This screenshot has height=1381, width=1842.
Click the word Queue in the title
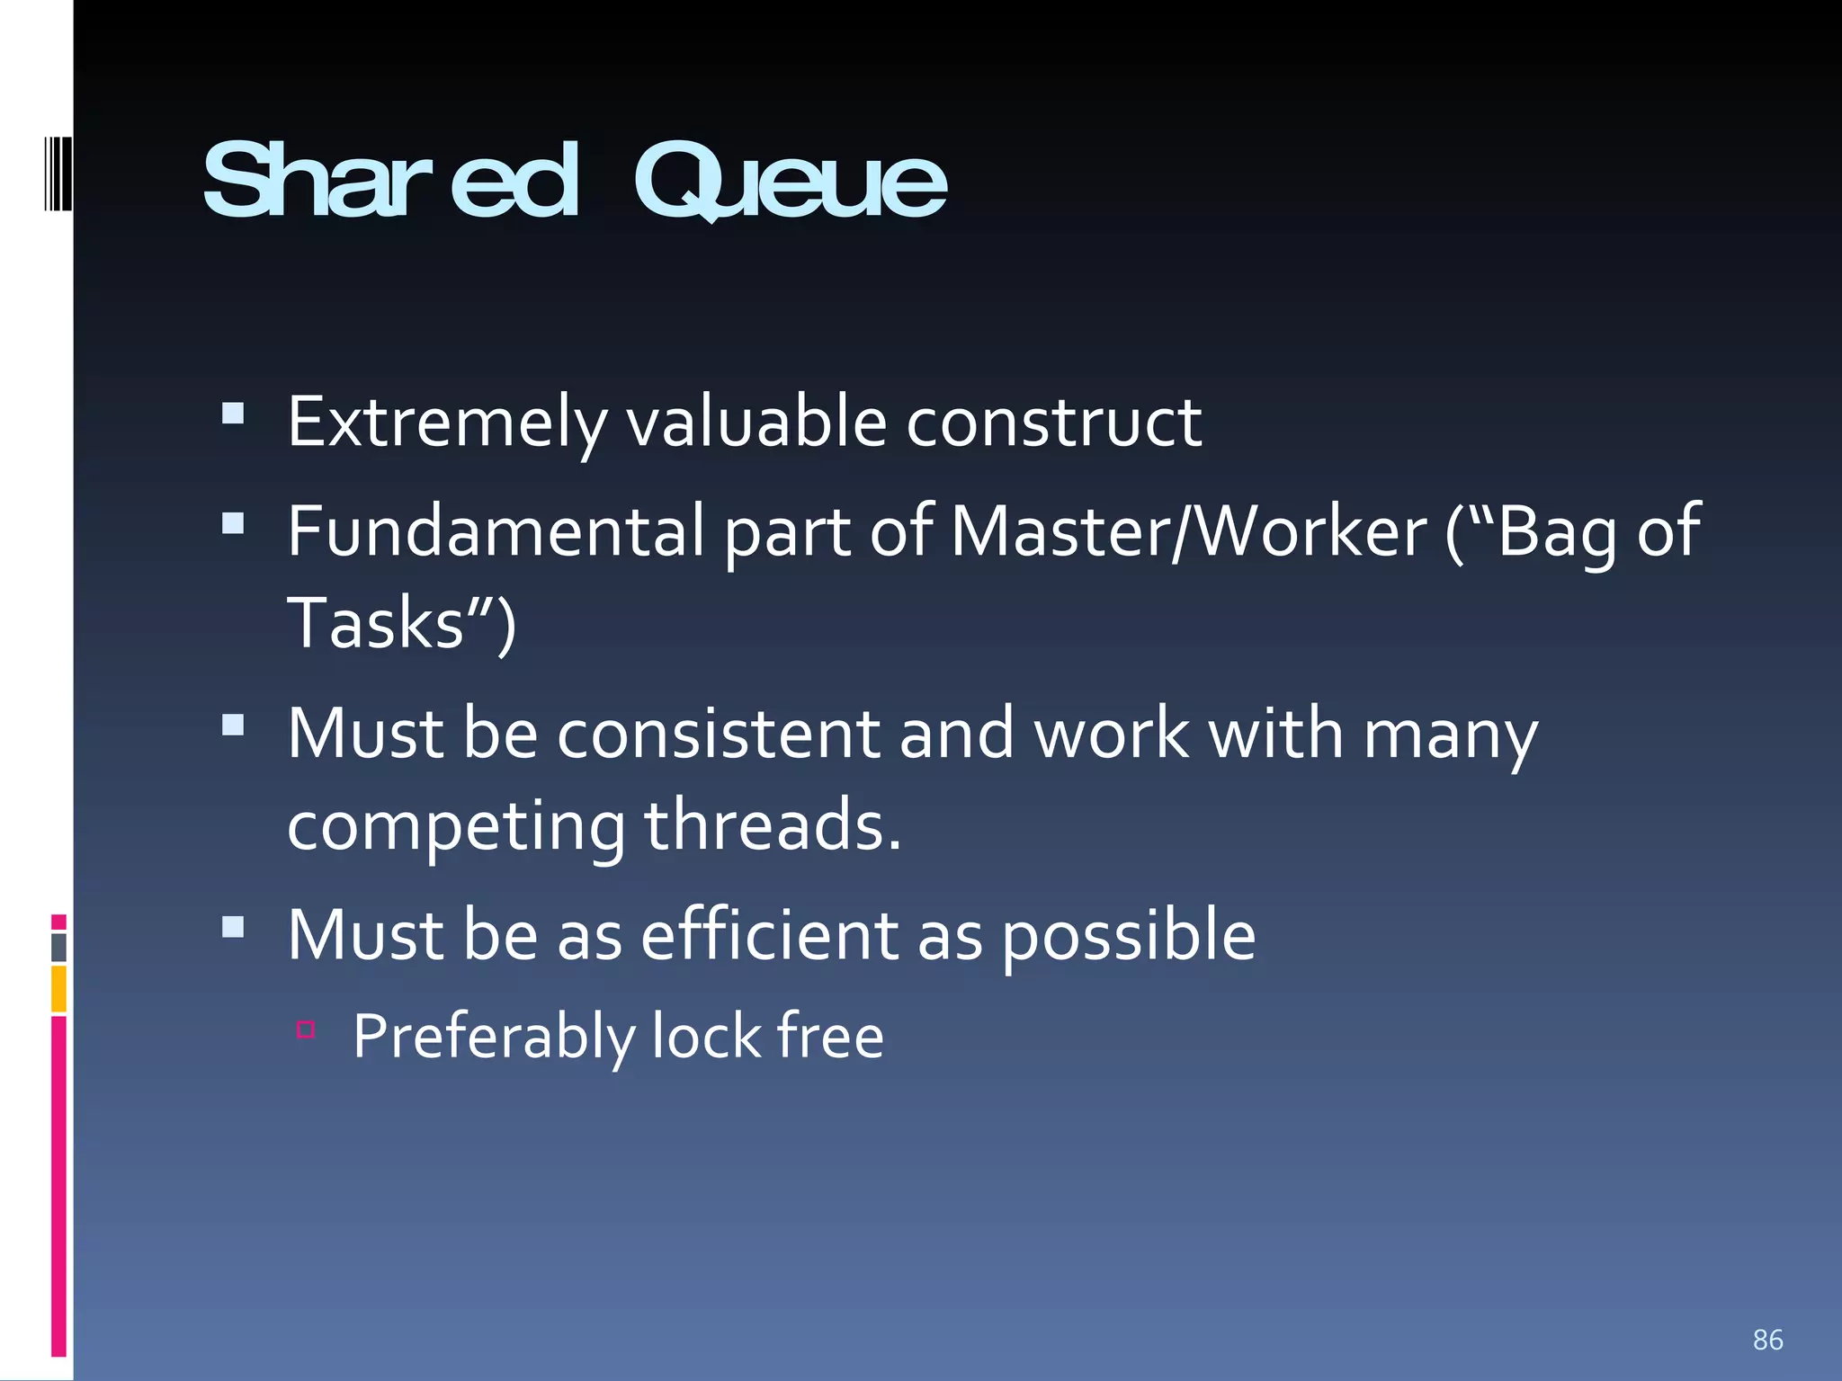[790, 183]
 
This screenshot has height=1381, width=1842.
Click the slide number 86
[1767, 1340]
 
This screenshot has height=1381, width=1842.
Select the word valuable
[756, 423]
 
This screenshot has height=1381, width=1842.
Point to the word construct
[1053, 423]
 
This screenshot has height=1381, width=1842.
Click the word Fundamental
[496, 532]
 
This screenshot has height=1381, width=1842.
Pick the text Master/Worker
[1188, 532]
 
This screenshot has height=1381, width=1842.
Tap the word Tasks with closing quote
[400, 624]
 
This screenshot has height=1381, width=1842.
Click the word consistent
[718, 734]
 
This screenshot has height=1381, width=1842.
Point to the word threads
[772, 825]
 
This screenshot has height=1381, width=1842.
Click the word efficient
[769, 936]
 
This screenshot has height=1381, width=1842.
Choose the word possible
[1128, 938]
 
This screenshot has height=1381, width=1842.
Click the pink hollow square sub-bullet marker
[306, 1029]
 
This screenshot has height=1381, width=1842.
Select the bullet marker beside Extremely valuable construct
[233, 413]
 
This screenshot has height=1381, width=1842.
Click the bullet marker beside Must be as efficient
[233, 927]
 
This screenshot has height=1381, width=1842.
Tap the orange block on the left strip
[58, 989]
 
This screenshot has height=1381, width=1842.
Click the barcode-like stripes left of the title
[57, 171]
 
